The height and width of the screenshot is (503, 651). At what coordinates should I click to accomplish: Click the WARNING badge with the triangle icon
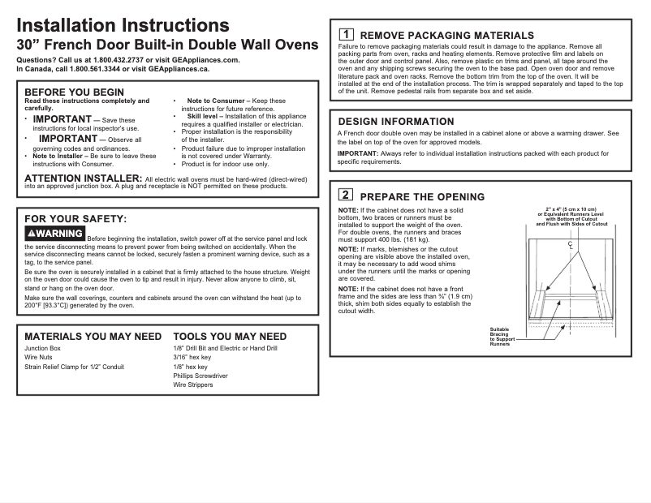point(55,234)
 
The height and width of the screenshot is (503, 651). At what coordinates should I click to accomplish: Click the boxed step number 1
point(345,35)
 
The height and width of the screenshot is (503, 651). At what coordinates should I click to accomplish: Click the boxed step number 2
point(345,196)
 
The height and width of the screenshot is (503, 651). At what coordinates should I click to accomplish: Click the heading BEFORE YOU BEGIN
point(75,92)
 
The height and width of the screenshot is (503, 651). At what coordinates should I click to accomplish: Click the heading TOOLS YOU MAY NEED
point(230,336)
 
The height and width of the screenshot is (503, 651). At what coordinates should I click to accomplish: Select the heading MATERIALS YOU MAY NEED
point(93,336)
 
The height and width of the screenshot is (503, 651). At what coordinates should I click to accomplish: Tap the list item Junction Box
point(42,348)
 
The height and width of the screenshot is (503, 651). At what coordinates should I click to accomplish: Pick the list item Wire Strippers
point(193,385)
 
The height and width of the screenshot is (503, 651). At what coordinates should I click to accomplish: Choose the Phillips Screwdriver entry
point(200,376)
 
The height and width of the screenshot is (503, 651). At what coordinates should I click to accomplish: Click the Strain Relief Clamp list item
point(74,367)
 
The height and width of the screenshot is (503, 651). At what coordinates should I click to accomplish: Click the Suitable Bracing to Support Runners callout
point(500,337)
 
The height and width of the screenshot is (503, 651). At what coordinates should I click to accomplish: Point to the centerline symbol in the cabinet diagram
point(571,244)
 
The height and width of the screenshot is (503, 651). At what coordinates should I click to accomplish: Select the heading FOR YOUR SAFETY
point(75,218)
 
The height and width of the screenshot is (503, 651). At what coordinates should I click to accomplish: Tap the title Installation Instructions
point(123,27)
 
